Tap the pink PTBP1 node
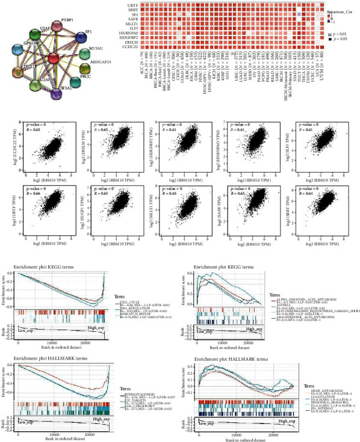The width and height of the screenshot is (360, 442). tap(59, 28)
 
